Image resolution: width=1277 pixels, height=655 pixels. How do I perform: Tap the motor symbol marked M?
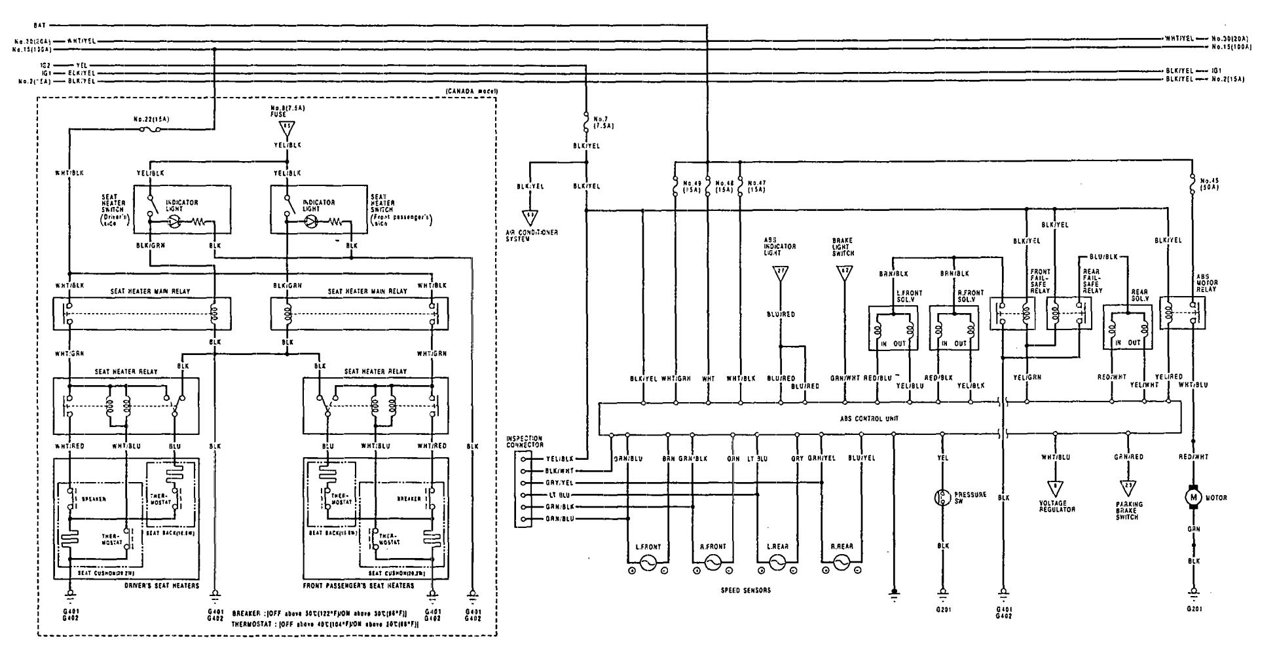pyautogui.click(x=1193, y=498)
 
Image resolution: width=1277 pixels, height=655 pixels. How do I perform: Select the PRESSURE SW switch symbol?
pyautogui.click(x=942, y=498)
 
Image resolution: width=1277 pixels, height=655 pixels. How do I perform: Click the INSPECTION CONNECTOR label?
pyautogui.click(x=524, y=441)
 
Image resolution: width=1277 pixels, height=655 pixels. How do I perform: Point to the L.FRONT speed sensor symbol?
pyautogui.click(x=648, y=562)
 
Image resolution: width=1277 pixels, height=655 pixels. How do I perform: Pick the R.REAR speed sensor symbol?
pyautogui.click(x=841, y=562)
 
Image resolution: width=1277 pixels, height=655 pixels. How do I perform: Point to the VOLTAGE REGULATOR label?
pyautogui.click(x=1057, y=506)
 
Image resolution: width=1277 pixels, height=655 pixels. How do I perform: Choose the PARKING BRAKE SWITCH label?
pyautogui.click(x=1128, y=510)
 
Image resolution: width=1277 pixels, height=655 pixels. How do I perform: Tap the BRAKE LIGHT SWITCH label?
pyautogui.click(x=843, y=247)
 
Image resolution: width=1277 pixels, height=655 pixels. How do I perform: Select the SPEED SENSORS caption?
pyautogui.click(x=744, y=590)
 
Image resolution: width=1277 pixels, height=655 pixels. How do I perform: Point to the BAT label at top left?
pyautogui.click(x=39, y=25)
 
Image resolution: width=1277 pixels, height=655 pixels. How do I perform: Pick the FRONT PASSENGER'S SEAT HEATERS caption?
pyautogui.click(x=358, y=586)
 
